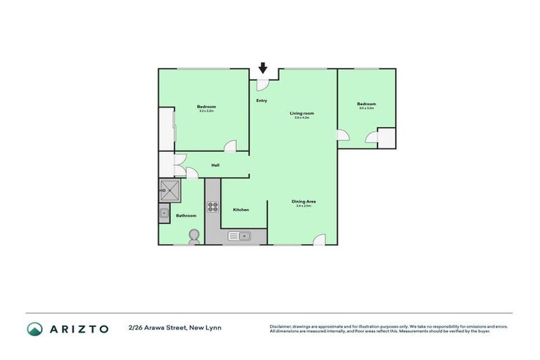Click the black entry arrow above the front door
click(263, 68)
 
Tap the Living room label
click(302, 113)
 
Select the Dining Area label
click(304, 202)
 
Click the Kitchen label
click(240, 210)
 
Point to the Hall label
click(216, 166)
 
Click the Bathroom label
click(186, 215)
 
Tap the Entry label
click(262, 101)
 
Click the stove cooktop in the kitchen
click(212, 207)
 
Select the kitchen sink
click(239, 236)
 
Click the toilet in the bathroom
click(194, 236)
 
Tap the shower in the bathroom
click(170, 189)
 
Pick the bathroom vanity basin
click(164, 213)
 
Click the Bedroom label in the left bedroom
click(206, 107)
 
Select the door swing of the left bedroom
click(230, 146)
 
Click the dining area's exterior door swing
click(319, 239)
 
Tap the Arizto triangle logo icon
click(35, 329)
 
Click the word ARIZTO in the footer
click(79, 329)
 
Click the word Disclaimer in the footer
click(281, 327)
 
